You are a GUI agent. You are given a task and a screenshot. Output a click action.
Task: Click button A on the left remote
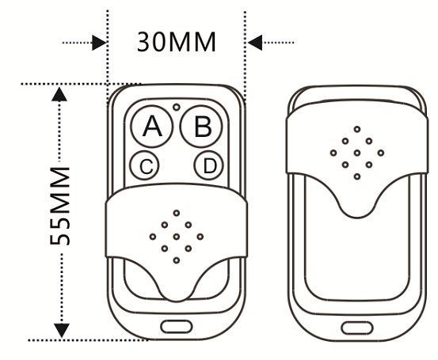[152, 127]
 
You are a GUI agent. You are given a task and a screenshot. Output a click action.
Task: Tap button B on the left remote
[201, 127]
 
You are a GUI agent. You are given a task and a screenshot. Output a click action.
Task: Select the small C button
[145, 165]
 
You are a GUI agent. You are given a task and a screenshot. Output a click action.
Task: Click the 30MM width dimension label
[177, 42]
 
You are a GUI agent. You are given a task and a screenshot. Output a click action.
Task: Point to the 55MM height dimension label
[59, 206]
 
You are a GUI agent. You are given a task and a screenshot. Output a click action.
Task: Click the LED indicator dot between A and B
[177, 107]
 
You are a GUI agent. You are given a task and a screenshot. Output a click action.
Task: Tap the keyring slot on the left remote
[177, 327]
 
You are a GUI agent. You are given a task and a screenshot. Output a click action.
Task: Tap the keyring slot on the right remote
[357, 328]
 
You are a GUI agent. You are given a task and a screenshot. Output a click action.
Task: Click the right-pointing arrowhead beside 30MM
[99, 43]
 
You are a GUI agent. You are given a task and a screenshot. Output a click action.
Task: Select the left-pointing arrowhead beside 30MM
[255, 43]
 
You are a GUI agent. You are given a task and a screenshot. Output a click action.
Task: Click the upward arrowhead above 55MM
[59, 94]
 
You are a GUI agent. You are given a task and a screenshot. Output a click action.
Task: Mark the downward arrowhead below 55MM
[62, 330]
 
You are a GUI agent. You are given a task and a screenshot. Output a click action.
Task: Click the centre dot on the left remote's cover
[177, 237]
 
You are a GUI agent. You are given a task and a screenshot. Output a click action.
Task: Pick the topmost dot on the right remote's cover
[357, 129]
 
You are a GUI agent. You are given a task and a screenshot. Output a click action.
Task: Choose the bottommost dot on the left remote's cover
[177, 260]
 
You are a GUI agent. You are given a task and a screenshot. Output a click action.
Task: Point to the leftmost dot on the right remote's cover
[333, 153]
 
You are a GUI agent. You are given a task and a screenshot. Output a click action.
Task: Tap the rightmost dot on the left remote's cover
[200, 237]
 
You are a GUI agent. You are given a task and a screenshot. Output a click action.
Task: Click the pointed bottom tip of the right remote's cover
[357, 218]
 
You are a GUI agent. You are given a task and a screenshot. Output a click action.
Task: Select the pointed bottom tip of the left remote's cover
[177, 301]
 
